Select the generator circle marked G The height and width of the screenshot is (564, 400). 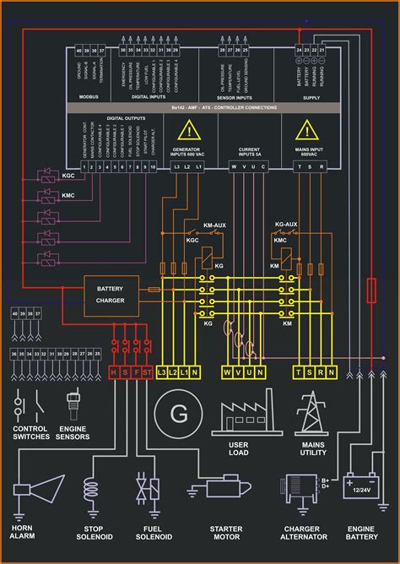coord(178,414)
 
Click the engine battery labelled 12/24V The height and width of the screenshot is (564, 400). coord(361,488)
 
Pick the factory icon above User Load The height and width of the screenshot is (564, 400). coord(246,414)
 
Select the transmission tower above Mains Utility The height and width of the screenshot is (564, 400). coord(311,412)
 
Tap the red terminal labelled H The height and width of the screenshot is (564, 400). coord(114,371)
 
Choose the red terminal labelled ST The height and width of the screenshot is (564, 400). coord(148,371)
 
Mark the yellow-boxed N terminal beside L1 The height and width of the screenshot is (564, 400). coord(195,371)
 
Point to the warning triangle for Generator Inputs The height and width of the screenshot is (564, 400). coord(192,132)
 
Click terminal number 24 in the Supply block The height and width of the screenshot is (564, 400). coord(299,51)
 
